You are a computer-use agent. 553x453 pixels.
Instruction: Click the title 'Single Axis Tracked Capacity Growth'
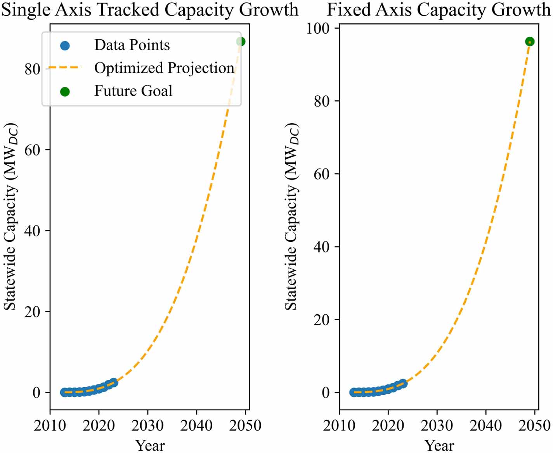tap(150, 9)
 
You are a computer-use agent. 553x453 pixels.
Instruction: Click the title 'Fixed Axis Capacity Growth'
tap(439, 9)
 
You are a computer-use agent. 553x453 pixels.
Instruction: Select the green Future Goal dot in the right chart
tap(529, 41)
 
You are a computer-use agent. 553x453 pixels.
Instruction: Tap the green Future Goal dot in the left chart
tap(241, 41)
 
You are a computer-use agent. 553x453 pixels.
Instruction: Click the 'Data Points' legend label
tap(132, 45)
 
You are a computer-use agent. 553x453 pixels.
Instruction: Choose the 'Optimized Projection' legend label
tap(164, 68)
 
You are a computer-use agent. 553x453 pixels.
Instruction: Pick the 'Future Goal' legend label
tap(133, 91)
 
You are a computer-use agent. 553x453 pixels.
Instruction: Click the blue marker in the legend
tap(65, 46)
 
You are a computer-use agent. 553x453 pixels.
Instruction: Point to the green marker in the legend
tap(65, 91)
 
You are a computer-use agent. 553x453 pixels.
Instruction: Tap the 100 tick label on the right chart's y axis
tap(318, 28)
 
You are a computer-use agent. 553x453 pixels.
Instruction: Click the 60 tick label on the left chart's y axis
tap(33, 150)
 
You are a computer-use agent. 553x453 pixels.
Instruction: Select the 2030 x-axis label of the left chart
tap(147, 425)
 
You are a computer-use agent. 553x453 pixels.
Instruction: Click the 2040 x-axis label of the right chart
tap(485, 425)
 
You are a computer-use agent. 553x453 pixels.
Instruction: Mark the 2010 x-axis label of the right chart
tap(339, 425)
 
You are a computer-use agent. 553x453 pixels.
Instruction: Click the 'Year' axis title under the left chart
tap(150, 445)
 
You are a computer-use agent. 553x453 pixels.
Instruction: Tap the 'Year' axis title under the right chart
tap(439, 445)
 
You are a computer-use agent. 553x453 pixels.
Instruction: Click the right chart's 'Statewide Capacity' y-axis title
tap(292, 217)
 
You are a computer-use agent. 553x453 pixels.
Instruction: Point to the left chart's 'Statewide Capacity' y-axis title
tap(10, 217)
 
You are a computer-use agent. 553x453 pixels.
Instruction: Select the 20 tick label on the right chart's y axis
tap(321, 320)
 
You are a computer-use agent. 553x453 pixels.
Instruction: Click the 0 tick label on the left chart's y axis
tap(36, 393)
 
